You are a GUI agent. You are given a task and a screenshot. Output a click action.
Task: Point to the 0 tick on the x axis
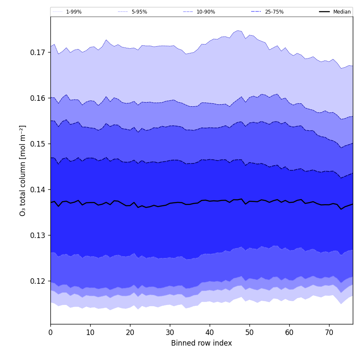click(50, 333)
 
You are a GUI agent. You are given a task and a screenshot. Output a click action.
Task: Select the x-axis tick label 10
click(90, 333)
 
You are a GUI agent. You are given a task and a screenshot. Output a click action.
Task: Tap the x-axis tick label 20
click(130, 333)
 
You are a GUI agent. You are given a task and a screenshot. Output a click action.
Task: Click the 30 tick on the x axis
click(170, 333)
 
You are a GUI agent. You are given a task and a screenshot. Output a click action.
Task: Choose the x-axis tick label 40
click(210, 333)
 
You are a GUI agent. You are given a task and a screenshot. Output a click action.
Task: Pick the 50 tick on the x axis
click(249, 333)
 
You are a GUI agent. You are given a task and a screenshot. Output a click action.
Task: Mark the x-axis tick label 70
click(329, 333)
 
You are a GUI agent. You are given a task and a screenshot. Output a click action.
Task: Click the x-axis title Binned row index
click(202, 343)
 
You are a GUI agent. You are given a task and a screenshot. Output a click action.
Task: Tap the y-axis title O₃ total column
click(23, 170)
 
